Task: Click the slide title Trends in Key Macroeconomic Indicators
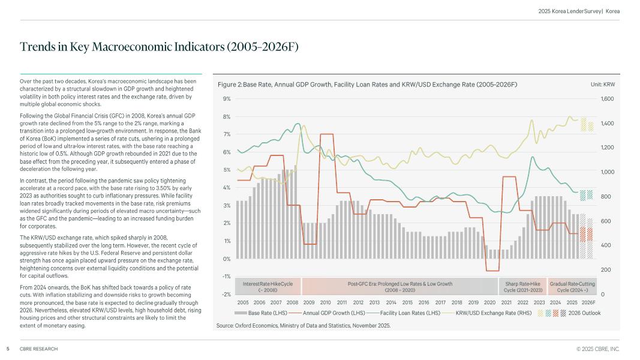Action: tap(159, 47)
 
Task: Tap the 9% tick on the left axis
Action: tap(227, 99)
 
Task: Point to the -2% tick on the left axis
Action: tap(227, 294)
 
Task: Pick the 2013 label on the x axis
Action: tap(374, 302)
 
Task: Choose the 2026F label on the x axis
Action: tap(588, 302)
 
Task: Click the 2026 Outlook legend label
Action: tap(584, 313)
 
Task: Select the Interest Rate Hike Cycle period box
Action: tap(268, 286)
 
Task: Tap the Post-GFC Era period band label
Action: tap(399, 286)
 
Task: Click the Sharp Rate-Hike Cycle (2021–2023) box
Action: tap(522, 286)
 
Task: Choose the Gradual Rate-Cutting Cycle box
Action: tap(572, 286)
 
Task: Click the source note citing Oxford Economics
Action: tap(303, 325)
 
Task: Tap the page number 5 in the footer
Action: tap(8, 349)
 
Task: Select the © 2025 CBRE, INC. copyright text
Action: tap(597, 349)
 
